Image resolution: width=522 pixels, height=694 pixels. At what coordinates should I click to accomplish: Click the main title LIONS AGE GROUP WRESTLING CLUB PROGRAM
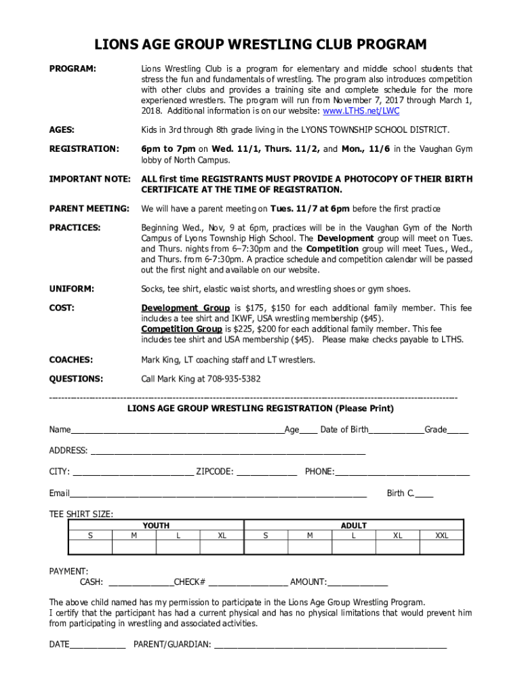click(261, 45)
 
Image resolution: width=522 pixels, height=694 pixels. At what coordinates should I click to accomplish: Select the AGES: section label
click(62, 129)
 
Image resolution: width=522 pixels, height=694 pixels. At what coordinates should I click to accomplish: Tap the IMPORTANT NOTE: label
click(89, 179)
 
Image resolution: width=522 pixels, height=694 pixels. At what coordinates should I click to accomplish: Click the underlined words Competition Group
click(181, 329)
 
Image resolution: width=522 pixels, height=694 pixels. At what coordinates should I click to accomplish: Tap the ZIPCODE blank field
click(266, 472)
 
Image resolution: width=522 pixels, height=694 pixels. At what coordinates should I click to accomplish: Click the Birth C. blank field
click(424, 493)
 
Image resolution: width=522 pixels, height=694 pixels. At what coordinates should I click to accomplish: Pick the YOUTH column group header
click(156, 525)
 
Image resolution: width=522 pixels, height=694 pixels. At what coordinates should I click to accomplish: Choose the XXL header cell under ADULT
click(441, 535)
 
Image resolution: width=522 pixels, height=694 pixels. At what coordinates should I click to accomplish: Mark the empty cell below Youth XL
click(222, 548)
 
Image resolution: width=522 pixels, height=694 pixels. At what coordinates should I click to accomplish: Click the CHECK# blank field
click(248, 582)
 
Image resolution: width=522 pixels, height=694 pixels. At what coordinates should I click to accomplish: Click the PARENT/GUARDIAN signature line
click(330, 645)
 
